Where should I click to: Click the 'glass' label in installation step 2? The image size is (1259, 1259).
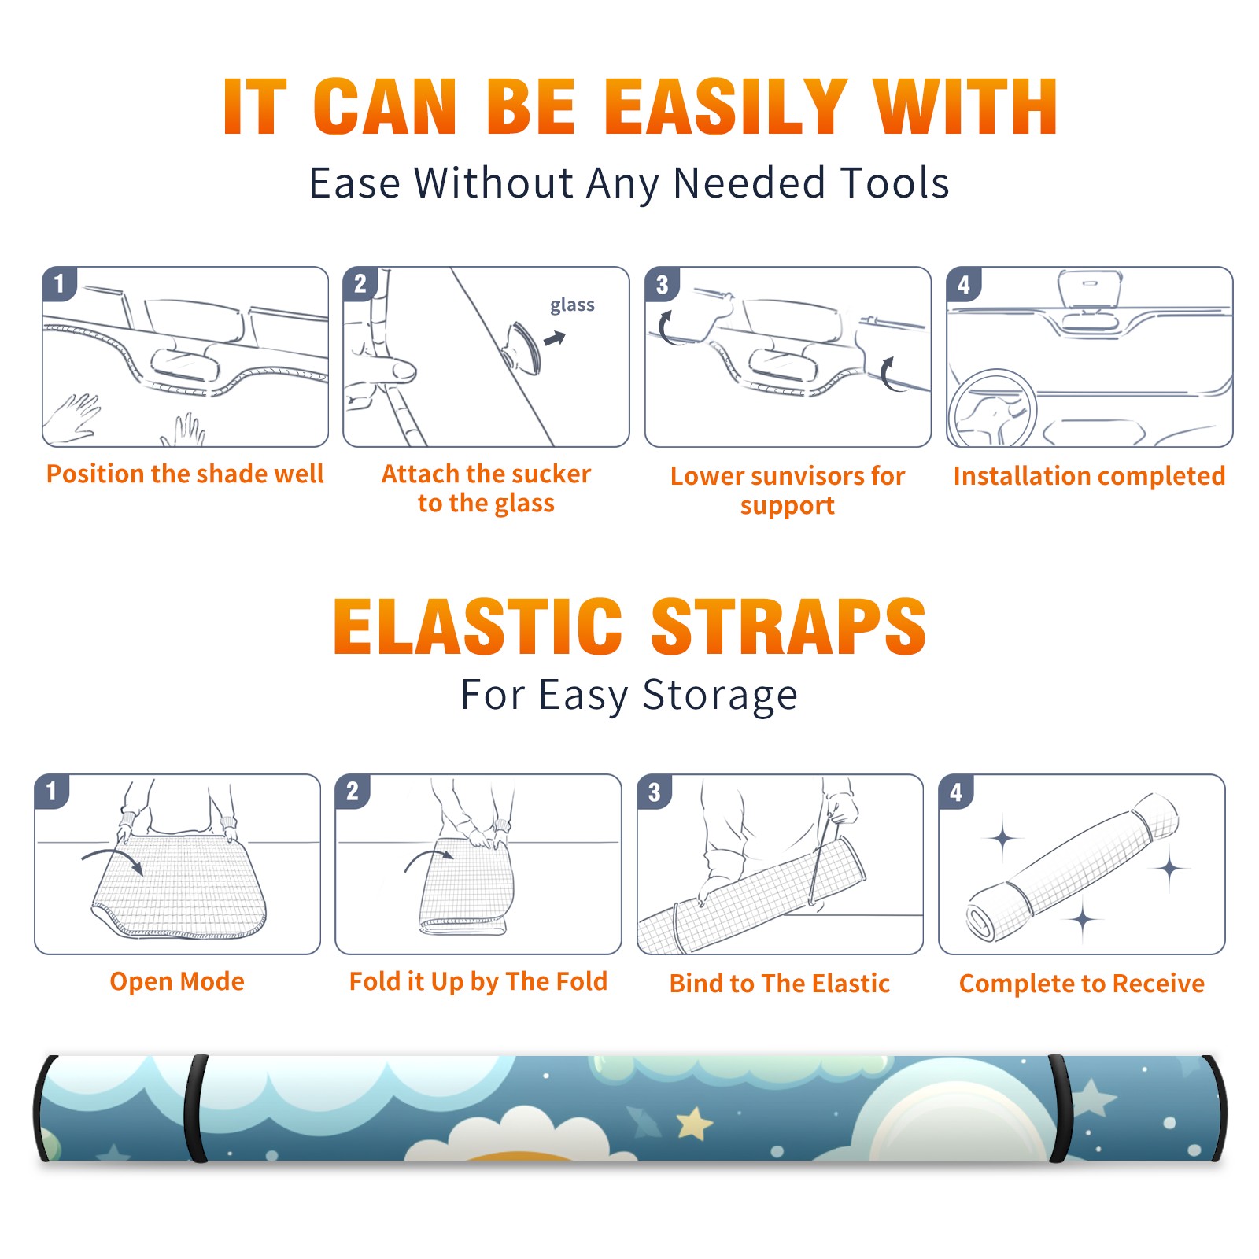(x=572, y=305)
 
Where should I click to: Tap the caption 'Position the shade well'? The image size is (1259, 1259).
(x=185, y=474)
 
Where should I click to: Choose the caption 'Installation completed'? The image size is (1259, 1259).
(x=1089, y=476)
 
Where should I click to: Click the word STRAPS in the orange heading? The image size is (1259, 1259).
(x=788, y=626)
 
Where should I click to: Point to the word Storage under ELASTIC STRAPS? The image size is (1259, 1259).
(x=720, y=696)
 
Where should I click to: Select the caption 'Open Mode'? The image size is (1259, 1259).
(x=177, y=981)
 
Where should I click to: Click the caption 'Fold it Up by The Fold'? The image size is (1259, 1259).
(x=478, y=982)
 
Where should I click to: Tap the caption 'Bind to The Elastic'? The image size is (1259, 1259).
(x=780, y=984)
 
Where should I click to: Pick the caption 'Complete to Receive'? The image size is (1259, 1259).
(x=1082, y=984)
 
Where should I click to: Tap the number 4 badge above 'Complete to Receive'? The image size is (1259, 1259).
(x=956, y=792)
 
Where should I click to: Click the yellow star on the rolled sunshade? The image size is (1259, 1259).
(x=695, y=1123)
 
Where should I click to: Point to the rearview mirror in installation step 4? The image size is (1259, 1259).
(x=1090, y=290)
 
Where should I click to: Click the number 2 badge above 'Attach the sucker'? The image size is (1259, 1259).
(x=360, y=283)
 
